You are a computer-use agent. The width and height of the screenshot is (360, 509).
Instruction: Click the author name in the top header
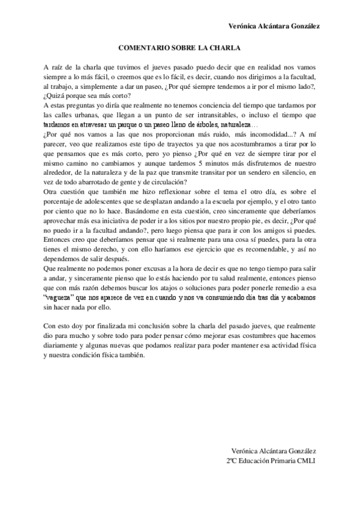(x=274, y=26)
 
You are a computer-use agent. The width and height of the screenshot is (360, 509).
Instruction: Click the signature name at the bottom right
(x=274, y=451)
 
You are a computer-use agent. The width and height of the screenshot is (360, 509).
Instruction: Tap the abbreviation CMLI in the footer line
(x=305, y=460)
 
